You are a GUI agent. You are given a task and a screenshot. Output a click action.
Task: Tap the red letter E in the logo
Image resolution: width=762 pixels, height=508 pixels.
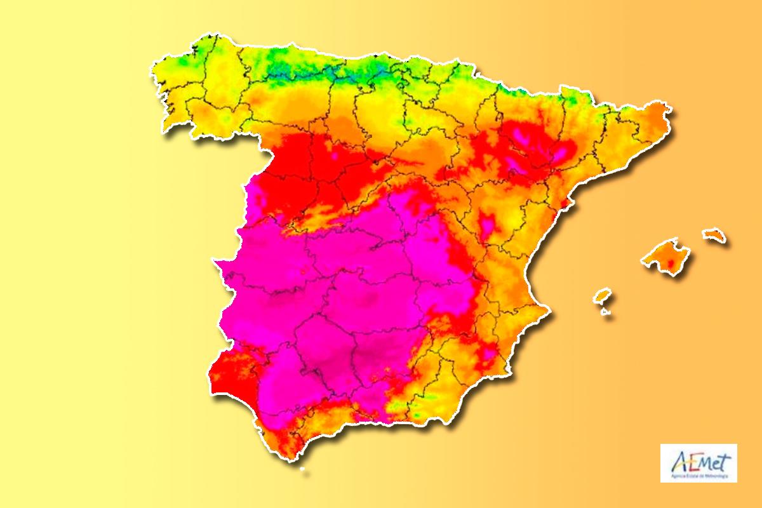pos(688,460)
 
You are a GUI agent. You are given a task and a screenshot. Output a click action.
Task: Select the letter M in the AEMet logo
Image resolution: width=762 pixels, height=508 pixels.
pos(702,460)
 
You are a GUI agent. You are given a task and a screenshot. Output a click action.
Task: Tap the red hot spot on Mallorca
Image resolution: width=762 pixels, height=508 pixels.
pos(667,262)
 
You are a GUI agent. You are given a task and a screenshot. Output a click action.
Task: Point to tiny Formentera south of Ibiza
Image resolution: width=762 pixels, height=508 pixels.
pos(605,311)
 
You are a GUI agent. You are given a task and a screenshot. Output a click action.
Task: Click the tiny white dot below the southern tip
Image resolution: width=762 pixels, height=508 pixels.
pos(302,470)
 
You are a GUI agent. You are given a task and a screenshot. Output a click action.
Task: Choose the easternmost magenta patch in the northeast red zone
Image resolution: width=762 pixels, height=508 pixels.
pos(562,152)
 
